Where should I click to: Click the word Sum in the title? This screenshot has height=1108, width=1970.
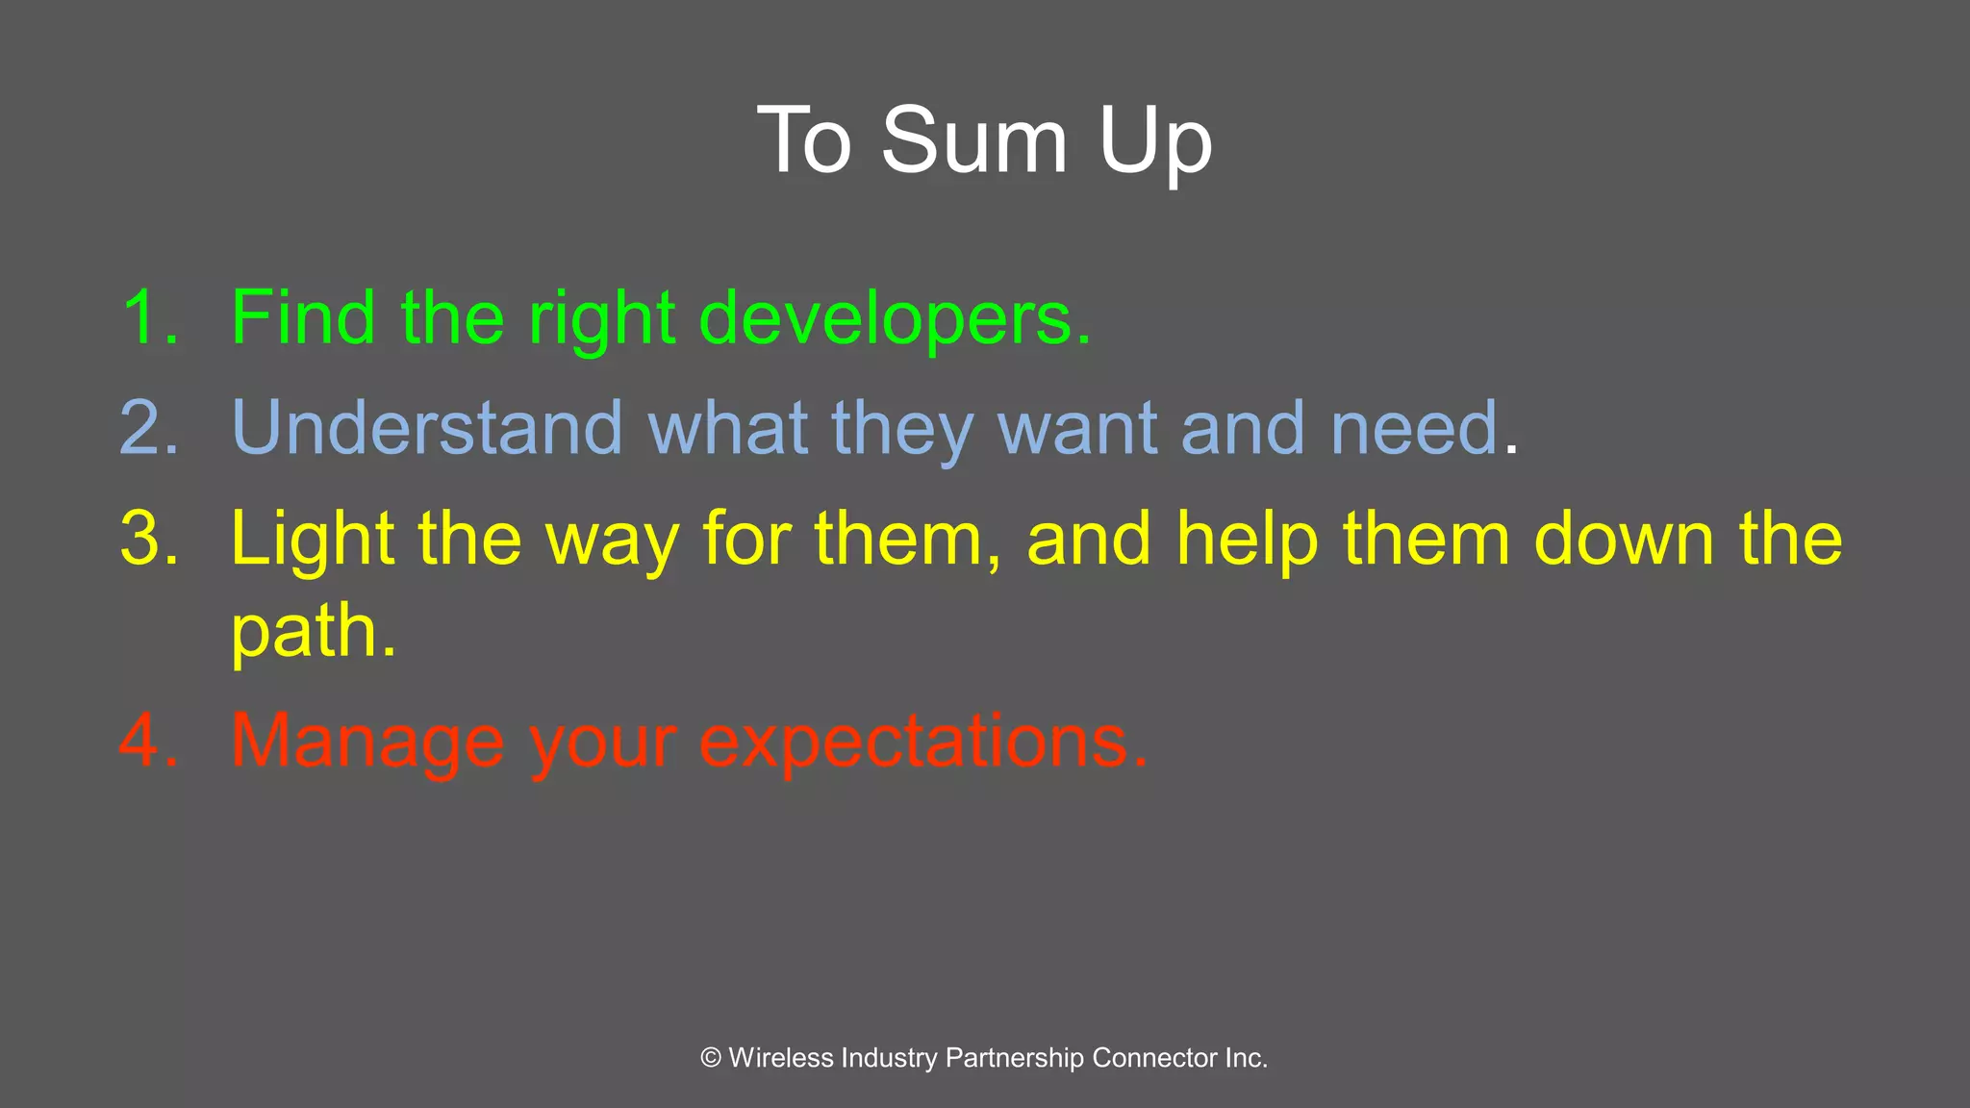click(x=973, y=141)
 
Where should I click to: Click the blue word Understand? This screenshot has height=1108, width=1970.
click(x=427, y=428)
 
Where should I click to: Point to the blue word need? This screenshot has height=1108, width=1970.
click(x=1414, y=428)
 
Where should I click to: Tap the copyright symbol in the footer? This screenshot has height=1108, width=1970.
click(x=711, y=1058)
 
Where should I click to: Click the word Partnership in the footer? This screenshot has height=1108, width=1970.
click(x=1014, y=1058)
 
